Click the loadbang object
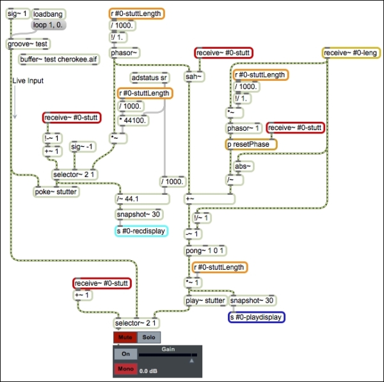coord(49,14)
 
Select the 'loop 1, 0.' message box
coord(49,25)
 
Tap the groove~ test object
coord(28,44)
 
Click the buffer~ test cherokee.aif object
coord(59,60)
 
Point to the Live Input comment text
coord(28,81)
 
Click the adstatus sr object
coord(149,78)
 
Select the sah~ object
coord(194,76)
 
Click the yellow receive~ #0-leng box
coord(351,53)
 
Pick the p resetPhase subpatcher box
coord(251,144)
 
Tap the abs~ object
coord(243,166)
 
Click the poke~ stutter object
coord(56,192)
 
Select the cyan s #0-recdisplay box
coord(141,231)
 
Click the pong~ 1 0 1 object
coord(205,251)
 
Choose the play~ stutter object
coord(205,301)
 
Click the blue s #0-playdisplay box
coord(257,317)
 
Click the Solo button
coord(149,337)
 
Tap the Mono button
coord(125,369)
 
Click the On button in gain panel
coord(125,354)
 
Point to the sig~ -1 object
coord(83,147)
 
